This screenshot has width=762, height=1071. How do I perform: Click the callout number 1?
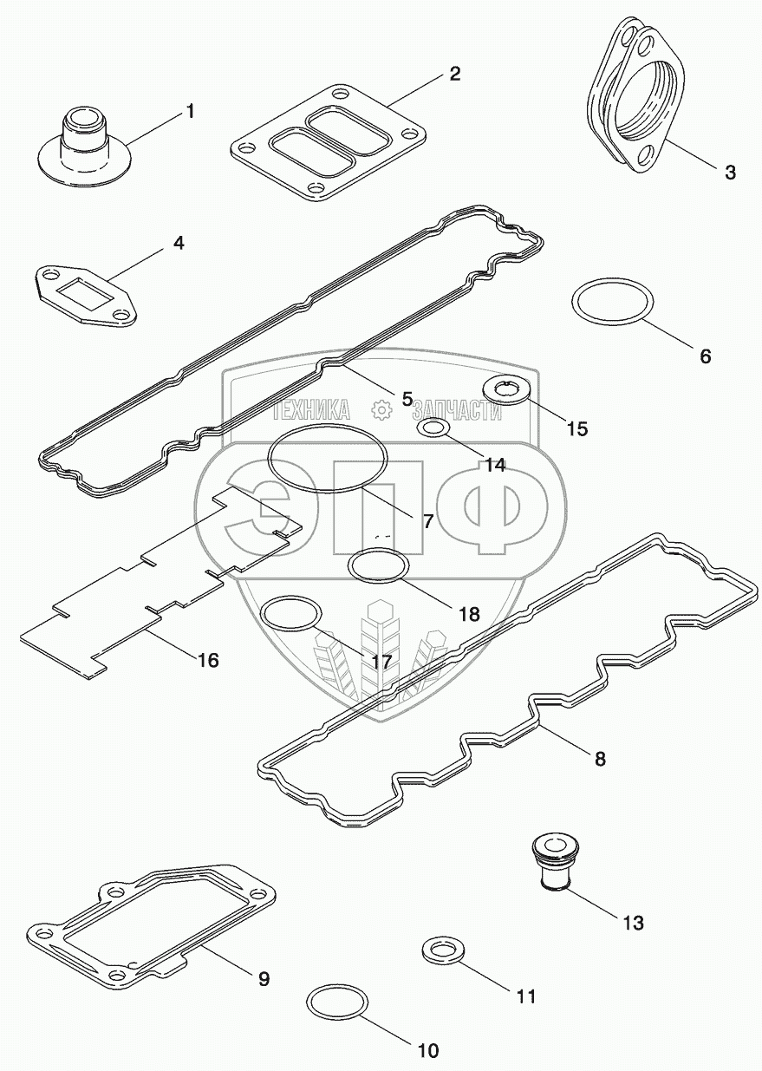[x=189, y=112]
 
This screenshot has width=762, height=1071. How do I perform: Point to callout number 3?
[x=730, y=172]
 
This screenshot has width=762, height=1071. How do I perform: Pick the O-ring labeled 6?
[x=613, y=303]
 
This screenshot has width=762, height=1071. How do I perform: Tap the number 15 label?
[x=576, y=428]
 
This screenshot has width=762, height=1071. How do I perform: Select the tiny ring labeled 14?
[x=433, y=428]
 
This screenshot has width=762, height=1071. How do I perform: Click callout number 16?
[x=208, y=660]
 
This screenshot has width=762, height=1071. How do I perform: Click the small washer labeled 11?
[x=441, y=950]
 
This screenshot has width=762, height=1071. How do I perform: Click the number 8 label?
[x=600, y=759]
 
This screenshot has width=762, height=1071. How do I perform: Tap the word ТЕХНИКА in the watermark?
[x=309, y=410]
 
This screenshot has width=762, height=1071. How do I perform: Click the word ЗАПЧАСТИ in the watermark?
[x=457, y=411]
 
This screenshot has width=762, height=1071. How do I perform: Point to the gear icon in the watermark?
[x=379, y=410]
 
